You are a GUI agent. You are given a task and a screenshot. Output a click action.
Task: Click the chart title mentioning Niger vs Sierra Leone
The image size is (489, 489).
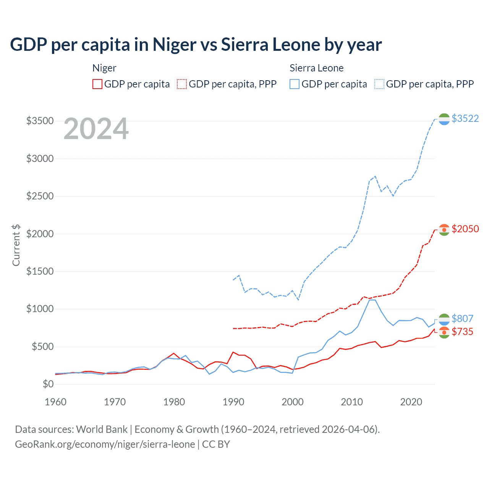point(196,45)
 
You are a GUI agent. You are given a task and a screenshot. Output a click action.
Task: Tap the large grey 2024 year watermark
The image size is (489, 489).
point(96,129)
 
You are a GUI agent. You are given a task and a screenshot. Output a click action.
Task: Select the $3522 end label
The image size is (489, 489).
point(465,118)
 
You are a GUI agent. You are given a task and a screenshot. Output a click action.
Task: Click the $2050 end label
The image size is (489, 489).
point(465,229)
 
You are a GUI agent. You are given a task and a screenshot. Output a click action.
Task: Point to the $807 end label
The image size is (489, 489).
point(462,319)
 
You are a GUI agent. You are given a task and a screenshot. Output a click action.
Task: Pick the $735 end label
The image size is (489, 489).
point(462,332)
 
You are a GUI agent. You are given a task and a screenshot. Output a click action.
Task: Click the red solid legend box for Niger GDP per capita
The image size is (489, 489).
point(97,84)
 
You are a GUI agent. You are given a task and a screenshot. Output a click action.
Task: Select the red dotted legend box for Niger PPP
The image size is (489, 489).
point(182,84)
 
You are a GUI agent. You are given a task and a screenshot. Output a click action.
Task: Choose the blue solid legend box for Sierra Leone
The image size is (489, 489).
point(295,84)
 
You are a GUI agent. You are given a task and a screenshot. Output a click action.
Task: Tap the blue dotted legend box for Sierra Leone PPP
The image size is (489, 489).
point(379,84)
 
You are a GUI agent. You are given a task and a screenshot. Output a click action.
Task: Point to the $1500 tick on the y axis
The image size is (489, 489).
point(40,272)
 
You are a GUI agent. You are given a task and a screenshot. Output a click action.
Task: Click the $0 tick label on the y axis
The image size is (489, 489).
point(48,384)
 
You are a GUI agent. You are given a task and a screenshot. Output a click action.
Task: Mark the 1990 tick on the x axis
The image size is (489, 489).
point(233,402)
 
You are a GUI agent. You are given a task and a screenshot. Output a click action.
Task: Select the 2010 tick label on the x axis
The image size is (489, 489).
point(351,402)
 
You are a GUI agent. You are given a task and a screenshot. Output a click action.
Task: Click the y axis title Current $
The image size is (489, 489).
point(16,245)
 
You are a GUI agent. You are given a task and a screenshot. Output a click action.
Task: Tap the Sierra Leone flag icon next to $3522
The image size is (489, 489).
point(444,119)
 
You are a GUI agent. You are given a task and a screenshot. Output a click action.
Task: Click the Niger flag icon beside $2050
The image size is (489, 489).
point(444,230)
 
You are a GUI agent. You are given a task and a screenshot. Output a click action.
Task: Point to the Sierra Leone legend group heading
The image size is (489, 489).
point(316,68)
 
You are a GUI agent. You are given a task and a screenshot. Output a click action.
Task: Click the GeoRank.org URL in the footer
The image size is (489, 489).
point(105,444)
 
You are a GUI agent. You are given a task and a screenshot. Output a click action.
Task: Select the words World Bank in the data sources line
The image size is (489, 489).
point(102,429)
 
